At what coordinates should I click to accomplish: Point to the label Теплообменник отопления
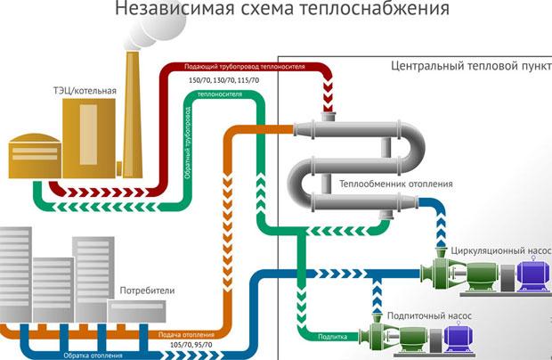(x=397, y=184)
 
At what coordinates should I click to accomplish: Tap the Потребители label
(x=146, y=290)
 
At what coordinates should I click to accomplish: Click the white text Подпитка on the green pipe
(x=332, y=337)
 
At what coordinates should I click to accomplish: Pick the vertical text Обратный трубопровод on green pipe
(x=188, y=143)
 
